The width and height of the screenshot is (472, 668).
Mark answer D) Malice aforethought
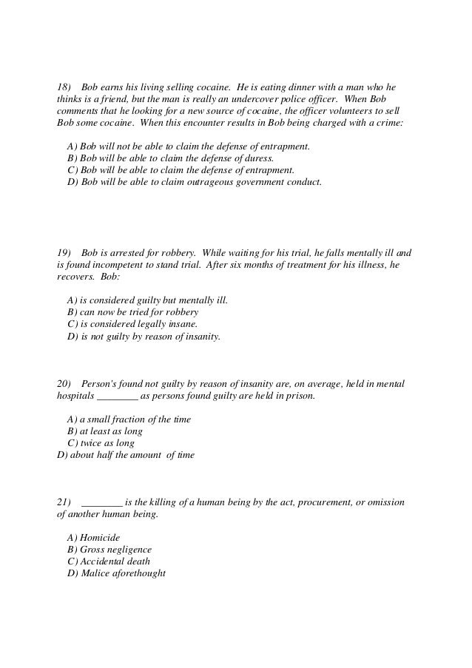[x=116, y=573]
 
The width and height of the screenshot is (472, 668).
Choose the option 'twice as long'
[x=101, y=443]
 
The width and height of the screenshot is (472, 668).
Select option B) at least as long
[x=104, y=431]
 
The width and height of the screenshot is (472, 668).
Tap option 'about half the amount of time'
[x=126, y=455]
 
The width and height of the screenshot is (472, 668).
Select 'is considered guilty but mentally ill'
[x=147, y=300]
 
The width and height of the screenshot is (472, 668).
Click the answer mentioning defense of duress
[x=170, y=158]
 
